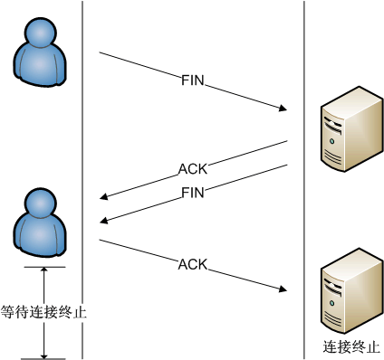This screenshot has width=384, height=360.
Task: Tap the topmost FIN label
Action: click(194, 81)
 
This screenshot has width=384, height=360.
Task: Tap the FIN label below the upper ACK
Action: click(194, 193)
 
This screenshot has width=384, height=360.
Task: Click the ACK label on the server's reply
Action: click(193, 169)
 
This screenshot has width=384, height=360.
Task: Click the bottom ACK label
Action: click(193, 265)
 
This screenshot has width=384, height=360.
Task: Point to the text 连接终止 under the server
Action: click(349, 346)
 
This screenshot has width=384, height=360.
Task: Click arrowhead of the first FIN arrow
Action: click(283, 110)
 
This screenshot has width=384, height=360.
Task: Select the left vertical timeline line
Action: click(82, 136)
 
